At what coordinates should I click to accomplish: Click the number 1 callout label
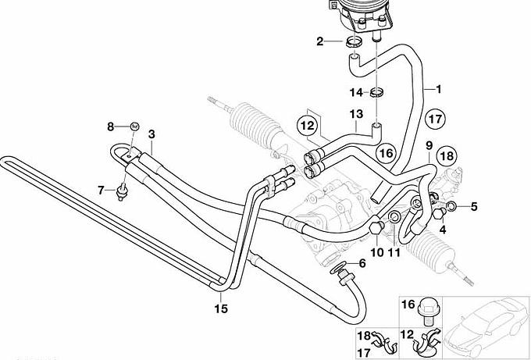(438, 88)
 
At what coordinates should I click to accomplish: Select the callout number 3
(151, 134)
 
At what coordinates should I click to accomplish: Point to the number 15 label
(221, 309)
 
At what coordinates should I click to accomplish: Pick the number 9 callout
(429, 146)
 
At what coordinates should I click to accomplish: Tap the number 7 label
(101, 190)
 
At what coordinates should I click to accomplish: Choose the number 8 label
(110, 126)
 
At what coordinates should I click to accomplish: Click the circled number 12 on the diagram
(307, 124)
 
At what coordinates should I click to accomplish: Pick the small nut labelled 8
(134, 125)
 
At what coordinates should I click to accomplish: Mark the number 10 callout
(376, 251)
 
